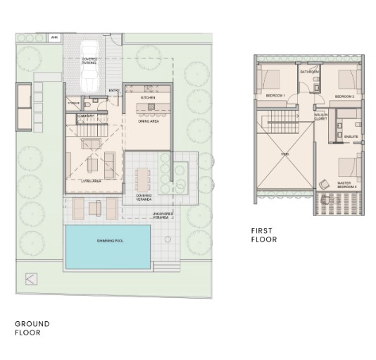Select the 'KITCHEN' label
point(147,97)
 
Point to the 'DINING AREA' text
point(149,121)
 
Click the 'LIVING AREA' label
point(94,181)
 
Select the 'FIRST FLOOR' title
point(265,235)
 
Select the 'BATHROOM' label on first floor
point(310,72)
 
